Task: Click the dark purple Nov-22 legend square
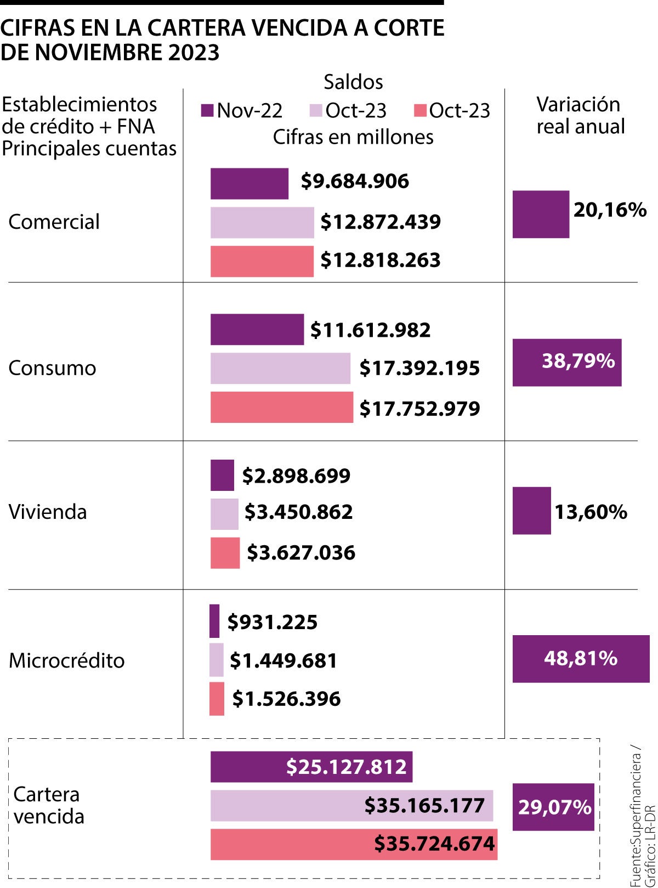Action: coord(207,111)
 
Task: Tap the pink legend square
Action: coord(420,111)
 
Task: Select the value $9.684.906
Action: coord(355,182)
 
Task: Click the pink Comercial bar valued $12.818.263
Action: coord(262,261)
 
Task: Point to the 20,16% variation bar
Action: coord(540,214)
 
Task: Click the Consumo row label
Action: coord(52,368)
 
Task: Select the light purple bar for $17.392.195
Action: coord(280,368)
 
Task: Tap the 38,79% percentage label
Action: coord(578,361)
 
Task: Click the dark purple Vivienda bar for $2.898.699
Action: coord(222,475)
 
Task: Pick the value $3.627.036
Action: coord(301,552)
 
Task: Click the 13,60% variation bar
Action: coord(531,511)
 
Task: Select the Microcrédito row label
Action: coord(66,660)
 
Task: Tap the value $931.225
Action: coord(273,623)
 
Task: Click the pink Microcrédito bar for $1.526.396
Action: coord(217,699)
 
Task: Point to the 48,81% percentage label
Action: coord(581,658)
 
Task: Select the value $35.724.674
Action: coord(434,844)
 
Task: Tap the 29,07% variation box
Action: coord(553,807)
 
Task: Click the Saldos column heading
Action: coord(353,82)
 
